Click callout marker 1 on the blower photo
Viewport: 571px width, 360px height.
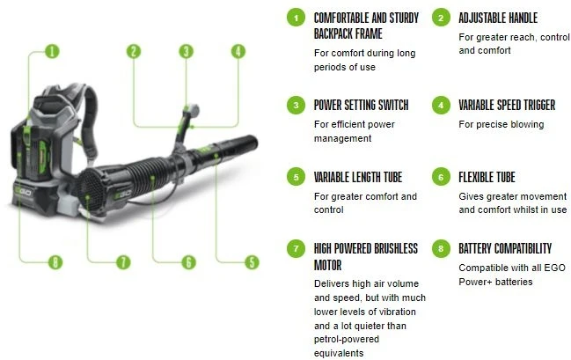tap(51, 51)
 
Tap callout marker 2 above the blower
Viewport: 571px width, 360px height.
tap(134, 51)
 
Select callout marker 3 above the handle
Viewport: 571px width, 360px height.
tap(186, 51)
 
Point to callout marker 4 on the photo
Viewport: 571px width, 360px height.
tap(238, 51)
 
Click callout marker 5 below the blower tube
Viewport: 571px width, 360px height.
tap(251, 261)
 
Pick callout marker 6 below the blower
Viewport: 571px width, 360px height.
tap(187, 261)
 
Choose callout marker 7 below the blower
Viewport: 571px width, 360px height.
tap(123, 261)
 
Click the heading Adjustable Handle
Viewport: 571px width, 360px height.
tap(497, 18)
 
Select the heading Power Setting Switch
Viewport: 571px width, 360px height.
tap(361, 105)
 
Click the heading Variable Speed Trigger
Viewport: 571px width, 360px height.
tap(507, 105)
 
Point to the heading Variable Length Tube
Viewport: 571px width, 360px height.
tap(361, 177)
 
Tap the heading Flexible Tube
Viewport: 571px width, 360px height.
tap(487, 177)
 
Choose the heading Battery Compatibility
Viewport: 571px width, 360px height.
tap(505, 248)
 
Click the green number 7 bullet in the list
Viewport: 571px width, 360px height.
tap(296, 249)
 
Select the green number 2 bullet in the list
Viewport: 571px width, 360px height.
tap(442, 18)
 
